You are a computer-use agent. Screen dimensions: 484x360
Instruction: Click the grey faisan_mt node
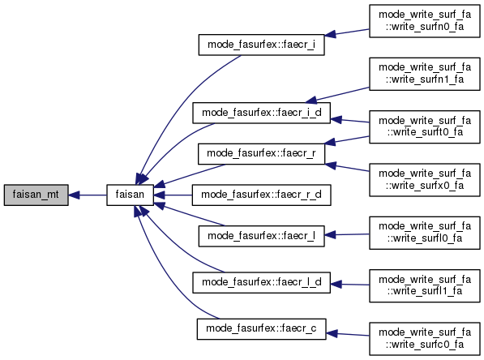[36, 195]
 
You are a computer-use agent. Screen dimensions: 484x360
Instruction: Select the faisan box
[130, 195]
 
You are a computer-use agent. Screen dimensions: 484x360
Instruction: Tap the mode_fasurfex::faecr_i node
[261, 45]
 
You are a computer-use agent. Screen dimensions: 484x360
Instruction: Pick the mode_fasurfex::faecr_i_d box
[261, 113]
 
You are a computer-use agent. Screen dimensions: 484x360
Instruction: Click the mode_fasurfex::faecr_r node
[261, 153]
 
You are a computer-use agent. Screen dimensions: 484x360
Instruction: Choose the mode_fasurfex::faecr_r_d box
[261, 195]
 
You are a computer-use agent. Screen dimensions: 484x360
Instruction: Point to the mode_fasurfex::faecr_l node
[261, 236]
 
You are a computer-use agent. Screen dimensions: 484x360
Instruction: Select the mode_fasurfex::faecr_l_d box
[261, 282]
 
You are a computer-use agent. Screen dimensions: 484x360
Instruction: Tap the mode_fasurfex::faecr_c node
[261, 329]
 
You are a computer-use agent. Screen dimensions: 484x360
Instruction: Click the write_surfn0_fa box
[425, 21]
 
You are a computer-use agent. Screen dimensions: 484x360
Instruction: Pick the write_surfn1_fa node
[425, 74]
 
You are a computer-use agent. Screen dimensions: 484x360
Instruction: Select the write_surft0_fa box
[425, 127]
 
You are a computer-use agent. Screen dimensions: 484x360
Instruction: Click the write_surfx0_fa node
[425, 180]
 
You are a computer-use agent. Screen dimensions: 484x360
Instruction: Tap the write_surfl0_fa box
[425, 233]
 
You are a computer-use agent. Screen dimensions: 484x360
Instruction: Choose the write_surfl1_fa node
[425, 285]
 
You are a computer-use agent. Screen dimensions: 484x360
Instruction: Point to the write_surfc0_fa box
[425, 339]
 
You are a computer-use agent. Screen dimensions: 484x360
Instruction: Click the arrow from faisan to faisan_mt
[88, 195]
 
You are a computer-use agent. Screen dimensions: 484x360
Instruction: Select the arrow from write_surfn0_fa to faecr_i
[347, 32]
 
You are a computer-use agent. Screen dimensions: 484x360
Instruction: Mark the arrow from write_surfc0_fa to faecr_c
[348, 334]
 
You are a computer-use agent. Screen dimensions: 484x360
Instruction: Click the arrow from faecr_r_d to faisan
[173, 195]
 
